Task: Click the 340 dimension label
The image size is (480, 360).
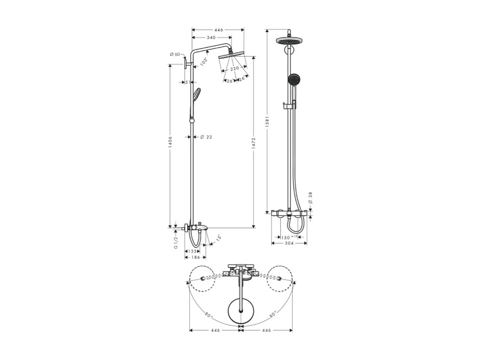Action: tap(211, 37)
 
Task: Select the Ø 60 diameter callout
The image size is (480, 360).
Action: tap(175, 54)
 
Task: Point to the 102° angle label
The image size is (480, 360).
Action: tap(204, 62)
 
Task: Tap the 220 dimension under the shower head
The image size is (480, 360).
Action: tap(234, 68)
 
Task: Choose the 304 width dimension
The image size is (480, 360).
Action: tap(289, 243)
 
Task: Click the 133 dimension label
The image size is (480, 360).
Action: tap(192, 251)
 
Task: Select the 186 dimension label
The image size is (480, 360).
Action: tap(195, 257)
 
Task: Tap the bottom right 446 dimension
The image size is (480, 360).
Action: tap(266, 330)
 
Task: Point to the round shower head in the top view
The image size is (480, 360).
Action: tap(241, 312)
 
